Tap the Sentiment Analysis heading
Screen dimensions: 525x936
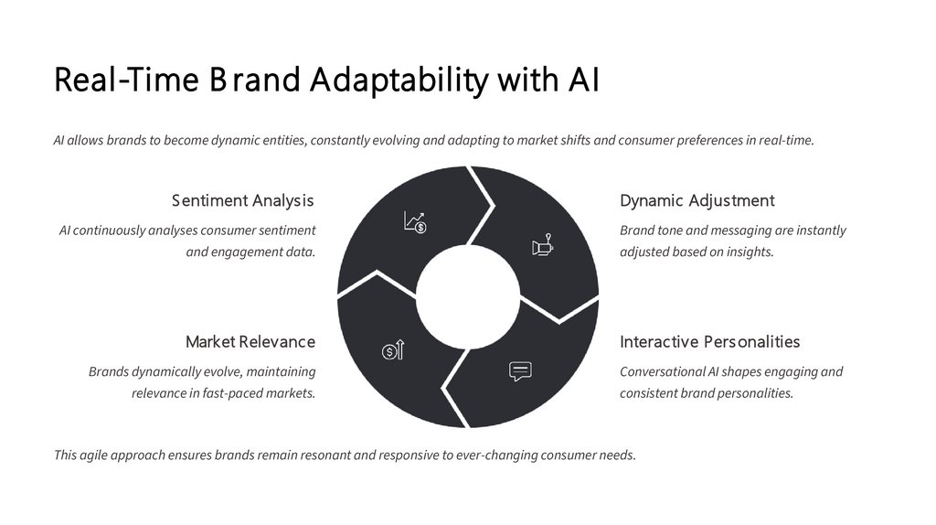[242, 200]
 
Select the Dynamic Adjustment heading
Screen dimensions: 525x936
[697, 200]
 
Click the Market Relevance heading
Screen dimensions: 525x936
[250, 341]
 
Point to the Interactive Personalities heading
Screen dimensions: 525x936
[709, 341]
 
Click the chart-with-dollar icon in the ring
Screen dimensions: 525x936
[415, 222]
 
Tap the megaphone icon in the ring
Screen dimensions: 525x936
[543, 246]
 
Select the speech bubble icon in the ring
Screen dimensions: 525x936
[520, 371]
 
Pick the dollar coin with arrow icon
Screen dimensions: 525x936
[392, 349]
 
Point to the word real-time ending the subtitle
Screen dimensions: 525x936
[786, 141]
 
